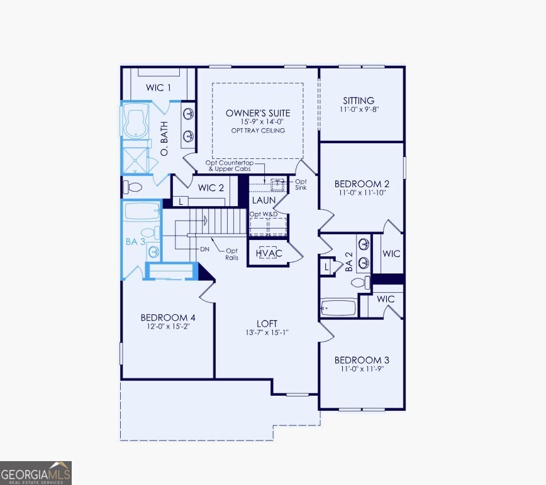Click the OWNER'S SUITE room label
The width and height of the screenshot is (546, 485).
pyautogui.click(x=258, y=113)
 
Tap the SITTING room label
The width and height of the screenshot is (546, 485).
pyautogui.click(x=359, y=101)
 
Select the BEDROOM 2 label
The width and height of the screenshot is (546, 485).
pyautogui.click(x=362, y=184)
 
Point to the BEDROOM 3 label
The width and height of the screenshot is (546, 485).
pyautogui.click(x=362, y=360)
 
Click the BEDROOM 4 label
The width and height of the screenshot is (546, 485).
pyautogui.click(x=168, y=318)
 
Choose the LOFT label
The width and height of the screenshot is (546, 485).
pyautogui.click(x=267, y=324)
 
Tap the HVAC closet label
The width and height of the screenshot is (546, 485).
pyautogui.click(x=269, y=253)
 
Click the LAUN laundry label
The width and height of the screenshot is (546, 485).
pyautogui.click(x=264, y=200)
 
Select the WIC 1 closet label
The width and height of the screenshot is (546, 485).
pyautogui.click(x=159, y=88)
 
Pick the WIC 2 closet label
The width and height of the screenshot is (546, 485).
pyautogui.click(x=211, y=188)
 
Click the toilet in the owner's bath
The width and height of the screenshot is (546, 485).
pyautogui.click(x=133, y=187)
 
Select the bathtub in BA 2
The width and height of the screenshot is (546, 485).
pyautogui.click(x=338, y=308)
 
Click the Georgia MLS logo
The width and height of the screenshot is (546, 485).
pyautogui.click(x=36, y=472)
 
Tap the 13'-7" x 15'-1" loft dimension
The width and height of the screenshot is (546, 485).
pyautogui.click(x=267, y=333)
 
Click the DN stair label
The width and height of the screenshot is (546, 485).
pyautogui.click(x=204, y=249)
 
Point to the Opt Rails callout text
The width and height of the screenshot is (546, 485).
pyautogui.click(x=232, y=254)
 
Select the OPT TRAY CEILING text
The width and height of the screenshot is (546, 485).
pyautogui.click(x=258, y=131)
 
